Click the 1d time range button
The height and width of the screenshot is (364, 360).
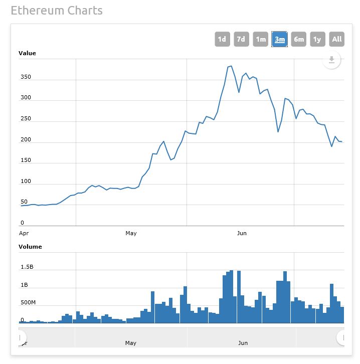point(222,39)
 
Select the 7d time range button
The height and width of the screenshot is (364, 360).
point(241,39)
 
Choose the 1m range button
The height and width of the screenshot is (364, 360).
point(260,39)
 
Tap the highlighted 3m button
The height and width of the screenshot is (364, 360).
point(279,39)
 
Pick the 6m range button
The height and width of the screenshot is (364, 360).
point(299,39)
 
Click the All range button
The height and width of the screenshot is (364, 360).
point(337,39)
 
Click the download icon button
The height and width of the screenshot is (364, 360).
point(331,61)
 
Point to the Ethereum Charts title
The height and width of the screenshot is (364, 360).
point(57,11)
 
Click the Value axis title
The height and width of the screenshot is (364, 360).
point(27,53)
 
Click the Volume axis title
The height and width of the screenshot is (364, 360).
point(30,247)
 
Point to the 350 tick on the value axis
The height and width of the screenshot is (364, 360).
point(26,77)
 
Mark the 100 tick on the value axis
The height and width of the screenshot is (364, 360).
point(26,181)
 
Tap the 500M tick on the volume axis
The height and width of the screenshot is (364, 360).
point(28,303)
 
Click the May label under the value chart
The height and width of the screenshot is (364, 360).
point(131,233)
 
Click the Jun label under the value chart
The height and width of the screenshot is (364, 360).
point(242,233)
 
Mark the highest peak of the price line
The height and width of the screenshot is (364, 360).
point(231,66)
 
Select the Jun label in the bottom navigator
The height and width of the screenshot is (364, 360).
point(243,343)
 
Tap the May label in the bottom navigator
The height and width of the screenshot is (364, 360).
point(131,343)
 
